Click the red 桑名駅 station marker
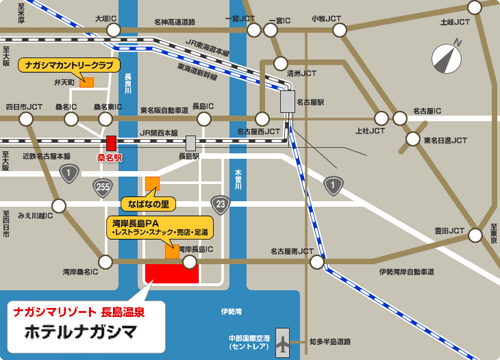coord(112,143)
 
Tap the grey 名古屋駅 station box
coord(288,100)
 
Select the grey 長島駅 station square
coord(190,142)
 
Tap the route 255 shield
coord(100,187)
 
